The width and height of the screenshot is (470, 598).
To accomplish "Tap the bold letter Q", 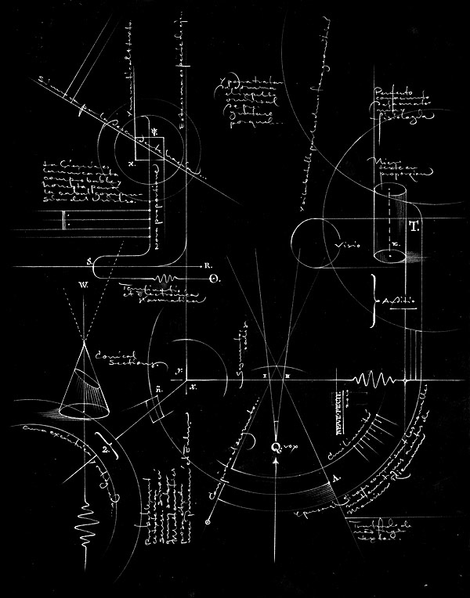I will point(275,447).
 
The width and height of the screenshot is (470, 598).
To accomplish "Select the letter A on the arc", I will point(336,477).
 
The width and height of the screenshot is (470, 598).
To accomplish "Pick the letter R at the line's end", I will point(204,265).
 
